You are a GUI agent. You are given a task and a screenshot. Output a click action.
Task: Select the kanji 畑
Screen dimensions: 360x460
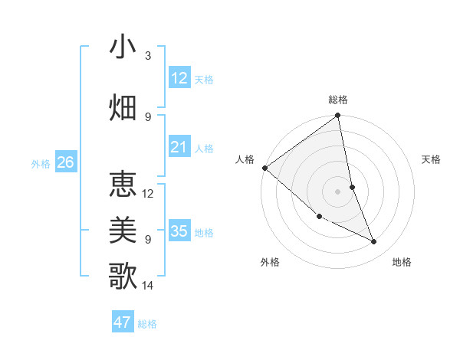point(123,106)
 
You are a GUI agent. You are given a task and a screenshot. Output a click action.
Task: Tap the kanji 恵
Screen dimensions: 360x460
point(123,184)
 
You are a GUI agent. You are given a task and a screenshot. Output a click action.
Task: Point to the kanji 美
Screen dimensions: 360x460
point(123,229)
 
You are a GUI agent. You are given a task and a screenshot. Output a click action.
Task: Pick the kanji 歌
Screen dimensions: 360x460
point(123,275)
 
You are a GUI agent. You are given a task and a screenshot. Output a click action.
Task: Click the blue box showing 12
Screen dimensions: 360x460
point(179,77)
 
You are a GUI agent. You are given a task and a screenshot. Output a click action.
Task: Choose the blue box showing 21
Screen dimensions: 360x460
point(179,147)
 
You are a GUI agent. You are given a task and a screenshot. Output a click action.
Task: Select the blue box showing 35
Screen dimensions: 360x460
point(179,231)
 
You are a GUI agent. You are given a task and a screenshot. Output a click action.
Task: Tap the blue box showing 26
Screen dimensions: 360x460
point(65,162)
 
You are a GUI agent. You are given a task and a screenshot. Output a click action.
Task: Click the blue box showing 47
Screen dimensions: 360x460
point(123,322)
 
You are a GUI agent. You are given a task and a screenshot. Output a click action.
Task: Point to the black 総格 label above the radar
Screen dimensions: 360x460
point(338,100)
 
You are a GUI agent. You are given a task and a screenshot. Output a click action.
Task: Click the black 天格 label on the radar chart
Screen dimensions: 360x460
point(432,159)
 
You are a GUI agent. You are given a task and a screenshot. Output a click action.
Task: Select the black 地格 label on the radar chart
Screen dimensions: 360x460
point(402,262)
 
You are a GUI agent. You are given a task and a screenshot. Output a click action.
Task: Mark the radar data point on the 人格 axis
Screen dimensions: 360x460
point(264,168)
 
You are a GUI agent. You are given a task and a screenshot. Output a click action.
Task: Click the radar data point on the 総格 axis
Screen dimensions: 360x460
point(337,116)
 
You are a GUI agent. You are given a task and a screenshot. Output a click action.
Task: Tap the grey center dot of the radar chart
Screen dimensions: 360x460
point(337,191)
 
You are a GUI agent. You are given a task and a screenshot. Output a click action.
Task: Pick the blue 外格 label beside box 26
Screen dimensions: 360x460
point(40,163)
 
